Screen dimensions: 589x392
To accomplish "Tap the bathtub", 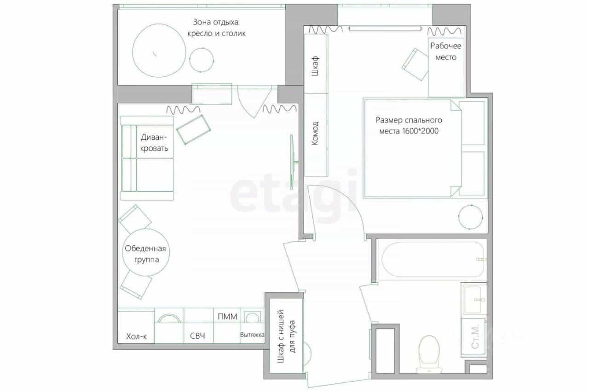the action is [x=433, y=259].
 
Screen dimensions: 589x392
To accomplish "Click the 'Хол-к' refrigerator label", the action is [x=137, y=336].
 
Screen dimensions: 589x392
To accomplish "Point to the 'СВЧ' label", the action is [x=197, y=336].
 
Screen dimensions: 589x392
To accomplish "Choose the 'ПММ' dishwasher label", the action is [x=227, y=317].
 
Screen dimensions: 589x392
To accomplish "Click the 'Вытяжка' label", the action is [x=252, y=335].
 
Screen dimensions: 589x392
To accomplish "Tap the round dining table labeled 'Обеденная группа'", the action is [x=146, y=252].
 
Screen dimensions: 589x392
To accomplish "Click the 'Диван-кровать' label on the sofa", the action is [x=154, y=142].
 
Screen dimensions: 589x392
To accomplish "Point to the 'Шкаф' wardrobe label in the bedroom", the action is [x=315, y=66].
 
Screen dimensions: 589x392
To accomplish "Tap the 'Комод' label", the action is [x=315, y=133].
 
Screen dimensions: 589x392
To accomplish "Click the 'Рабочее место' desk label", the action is [x=446, y=51].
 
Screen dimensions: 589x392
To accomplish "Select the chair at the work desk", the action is [x=415, y=64].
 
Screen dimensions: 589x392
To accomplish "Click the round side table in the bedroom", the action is [x=470, y=217].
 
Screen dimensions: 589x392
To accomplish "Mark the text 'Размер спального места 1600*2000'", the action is [x=409, y=125].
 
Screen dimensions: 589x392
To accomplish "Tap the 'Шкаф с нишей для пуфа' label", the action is [x=287, y=336].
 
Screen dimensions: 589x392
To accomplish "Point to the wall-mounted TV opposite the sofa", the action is [x=292, y=162].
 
